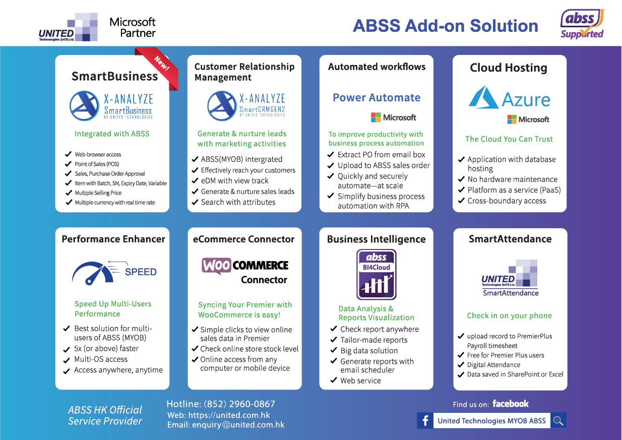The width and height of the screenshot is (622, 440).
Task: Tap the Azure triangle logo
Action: tap(483, 98)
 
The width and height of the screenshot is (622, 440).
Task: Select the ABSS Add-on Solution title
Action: tap(445, 26)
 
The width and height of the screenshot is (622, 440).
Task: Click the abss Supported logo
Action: tap(583, 24)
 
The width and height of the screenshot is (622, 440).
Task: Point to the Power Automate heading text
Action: tap(377, 98)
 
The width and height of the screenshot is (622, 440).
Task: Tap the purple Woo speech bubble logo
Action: tap(216, 266)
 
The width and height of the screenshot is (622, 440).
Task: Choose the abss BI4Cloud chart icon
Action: tap(377, 275)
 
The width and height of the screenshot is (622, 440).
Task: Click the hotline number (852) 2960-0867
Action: tap(239, 404)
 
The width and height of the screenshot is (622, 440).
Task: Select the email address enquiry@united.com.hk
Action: tap(238, 425)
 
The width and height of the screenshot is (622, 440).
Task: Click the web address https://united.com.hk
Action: tap(229, 415)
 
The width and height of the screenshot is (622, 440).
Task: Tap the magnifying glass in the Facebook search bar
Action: tap(558, 421)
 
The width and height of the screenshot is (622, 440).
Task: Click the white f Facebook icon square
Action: tap(425, 421)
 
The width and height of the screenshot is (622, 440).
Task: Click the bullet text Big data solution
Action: tap(369, 351)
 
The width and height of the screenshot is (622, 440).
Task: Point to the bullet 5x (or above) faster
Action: tap(106, 349)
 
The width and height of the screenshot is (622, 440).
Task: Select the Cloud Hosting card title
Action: tap(508, 68)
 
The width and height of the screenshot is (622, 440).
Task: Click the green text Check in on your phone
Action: tap(509, 316)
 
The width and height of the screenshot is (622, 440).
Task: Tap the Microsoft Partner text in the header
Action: tap(133, 27)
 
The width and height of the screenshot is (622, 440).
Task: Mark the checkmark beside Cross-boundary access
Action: tap(461, 201)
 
